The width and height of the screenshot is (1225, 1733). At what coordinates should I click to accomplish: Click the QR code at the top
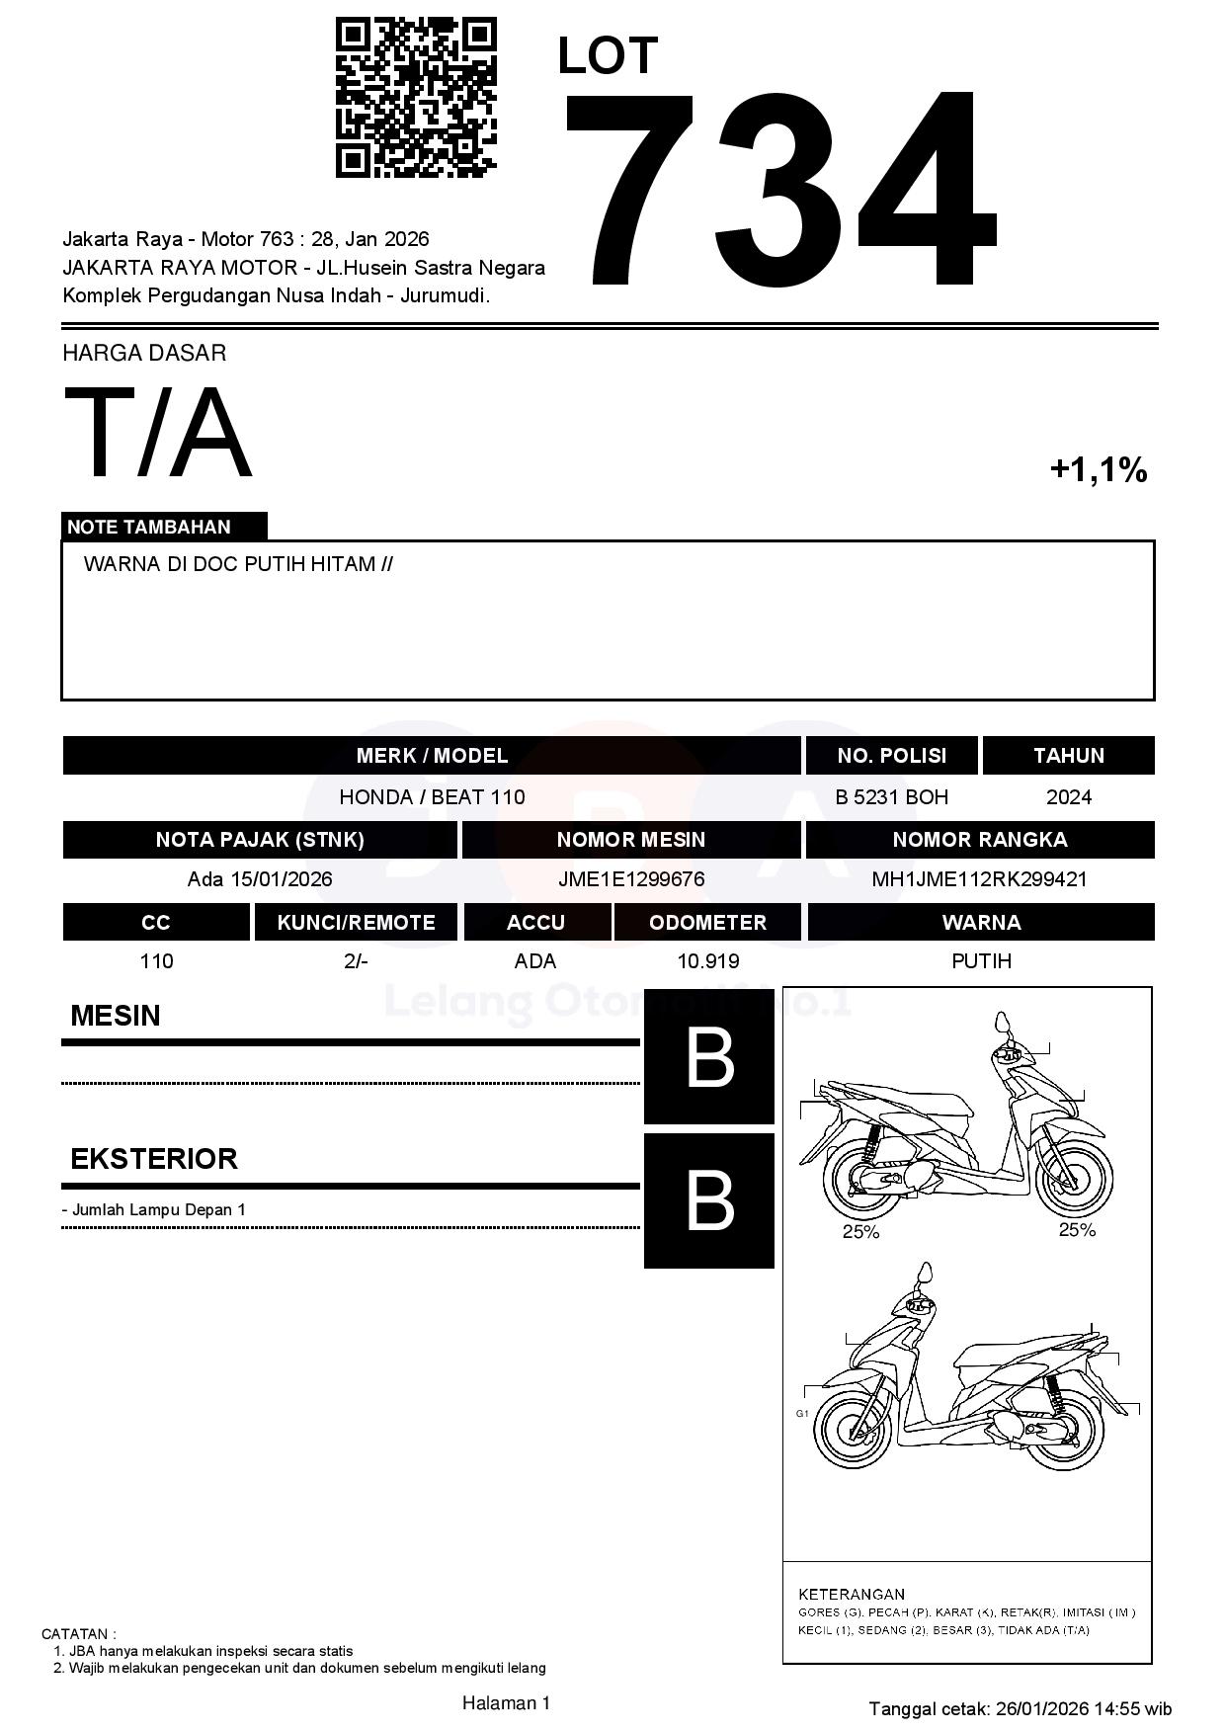pos(416,97)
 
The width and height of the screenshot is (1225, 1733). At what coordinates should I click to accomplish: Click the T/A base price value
pos(158,433)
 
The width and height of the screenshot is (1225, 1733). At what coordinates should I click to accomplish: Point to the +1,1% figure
pos(1098,469)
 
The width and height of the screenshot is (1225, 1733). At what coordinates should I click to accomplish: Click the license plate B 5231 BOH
pos(891,797)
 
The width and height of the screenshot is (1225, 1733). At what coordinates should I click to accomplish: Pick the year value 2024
pos(1068,797)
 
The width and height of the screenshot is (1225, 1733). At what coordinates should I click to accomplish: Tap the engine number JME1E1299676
pos(631,879)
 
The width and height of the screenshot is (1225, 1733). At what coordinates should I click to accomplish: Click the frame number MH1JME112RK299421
pos(979,879)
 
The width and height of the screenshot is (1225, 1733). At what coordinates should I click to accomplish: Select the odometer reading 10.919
pos(707,961)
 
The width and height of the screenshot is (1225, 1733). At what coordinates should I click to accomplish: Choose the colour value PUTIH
pos(981,961)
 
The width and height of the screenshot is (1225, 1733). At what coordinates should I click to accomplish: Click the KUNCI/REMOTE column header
pos(356,922)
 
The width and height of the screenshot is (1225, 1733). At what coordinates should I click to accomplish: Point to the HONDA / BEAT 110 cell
pos(432,797)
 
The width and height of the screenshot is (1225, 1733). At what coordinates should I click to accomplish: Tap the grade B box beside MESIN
pos(709,1057)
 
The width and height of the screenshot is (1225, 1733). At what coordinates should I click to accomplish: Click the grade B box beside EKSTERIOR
pos(709,1200)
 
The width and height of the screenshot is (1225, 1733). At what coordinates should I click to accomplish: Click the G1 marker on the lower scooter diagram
pos(802,1414)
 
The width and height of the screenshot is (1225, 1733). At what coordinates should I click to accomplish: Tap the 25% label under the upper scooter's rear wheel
pos(860,1232)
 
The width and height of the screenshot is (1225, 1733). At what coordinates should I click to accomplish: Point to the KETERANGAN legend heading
pos(852,1594)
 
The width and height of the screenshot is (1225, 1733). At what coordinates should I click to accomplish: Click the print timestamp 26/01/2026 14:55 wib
pos(1084,1708)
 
